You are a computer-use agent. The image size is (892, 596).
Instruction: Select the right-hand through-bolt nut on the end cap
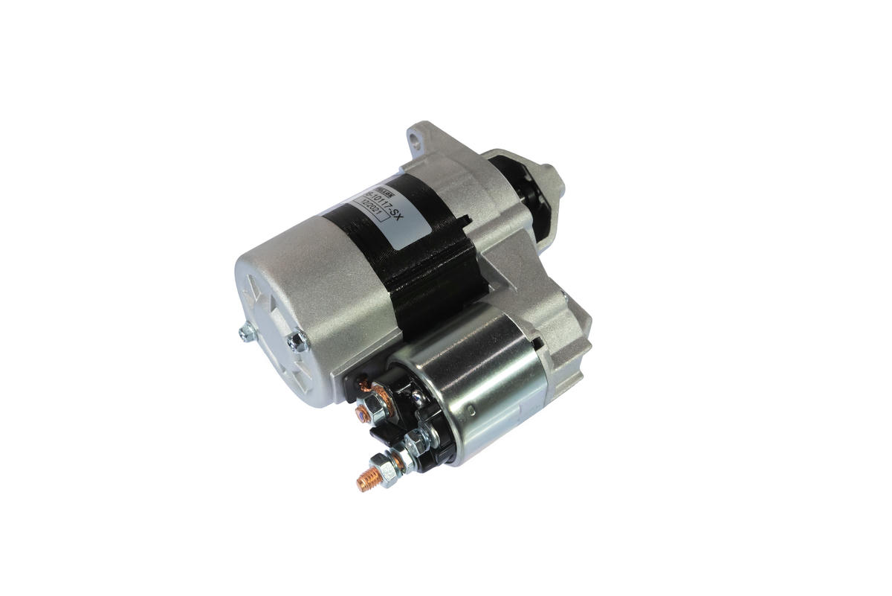[299, 341]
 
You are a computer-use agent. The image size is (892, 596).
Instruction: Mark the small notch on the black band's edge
[466, 219]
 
